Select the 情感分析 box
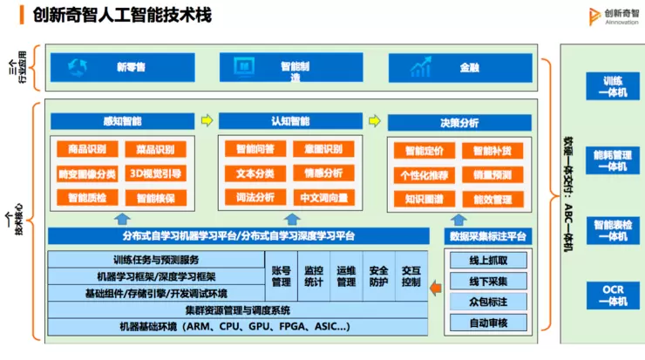(x=323, y=173)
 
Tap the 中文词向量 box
(x=323, y=198)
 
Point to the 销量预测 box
(x=492, y=175)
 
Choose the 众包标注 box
(x=487, y=302)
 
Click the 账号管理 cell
(x=281, y=276)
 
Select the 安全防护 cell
(x=378, y=276)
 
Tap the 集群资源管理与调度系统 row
(x=237, y=310)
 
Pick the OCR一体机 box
(x=607, y=295)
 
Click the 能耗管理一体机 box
(x=607, y=160)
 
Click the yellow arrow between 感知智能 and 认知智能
(x=206, y=120)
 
